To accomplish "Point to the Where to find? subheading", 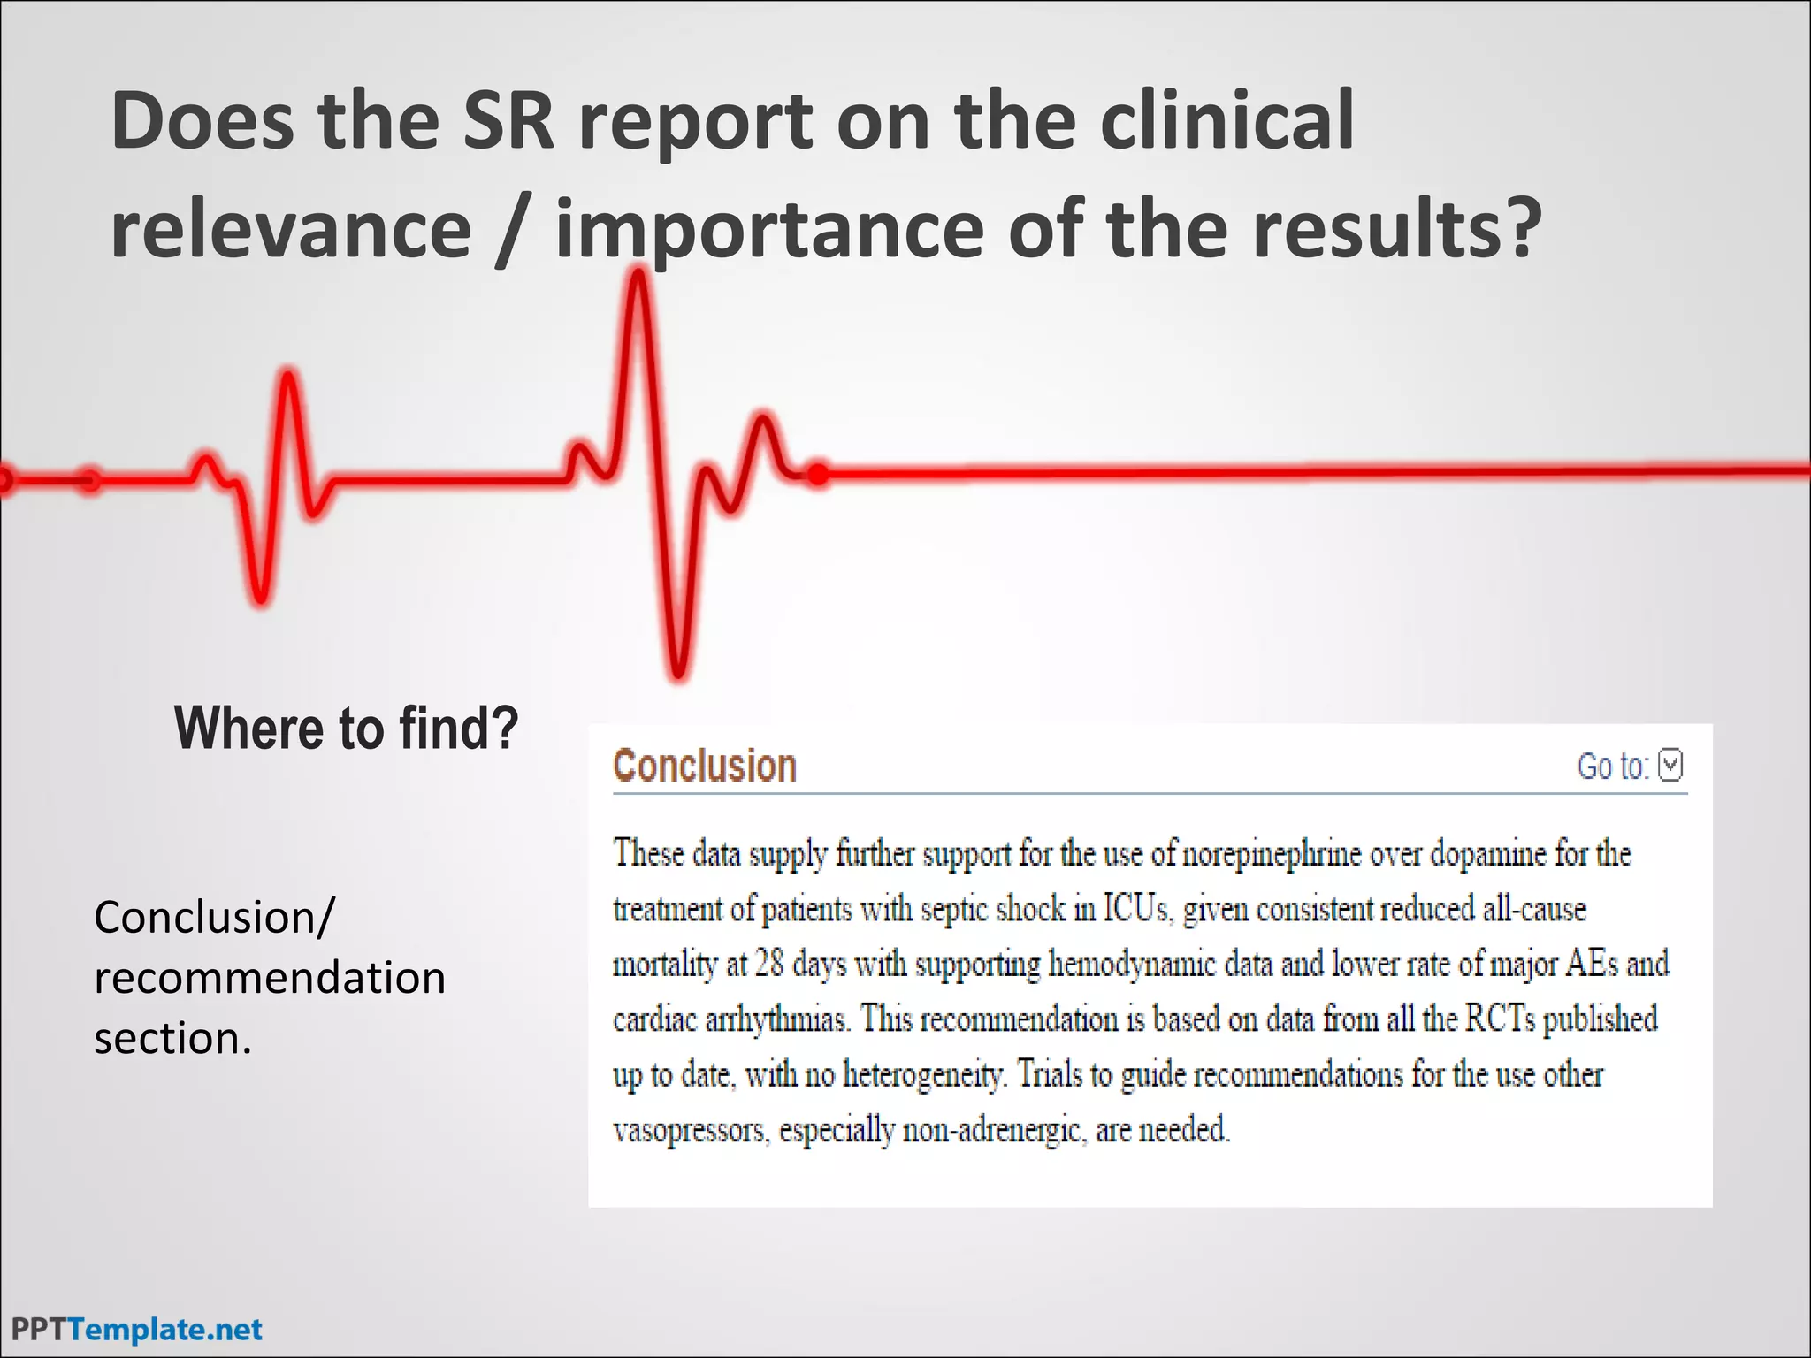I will point(346,728).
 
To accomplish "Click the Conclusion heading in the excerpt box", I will point(705,766).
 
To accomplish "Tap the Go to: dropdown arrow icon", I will point(1670,765).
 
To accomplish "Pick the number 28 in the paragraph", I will point(769,964).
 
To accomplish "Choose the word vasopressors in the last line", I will point(690,1130).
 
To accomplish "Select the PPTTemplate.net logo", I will point(137,1329).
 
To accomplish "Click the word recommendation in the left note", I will point(270,978).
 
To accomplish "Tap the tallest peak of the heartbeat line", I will point(638,276).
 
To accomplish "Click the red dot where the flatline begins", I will point(819,475).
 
